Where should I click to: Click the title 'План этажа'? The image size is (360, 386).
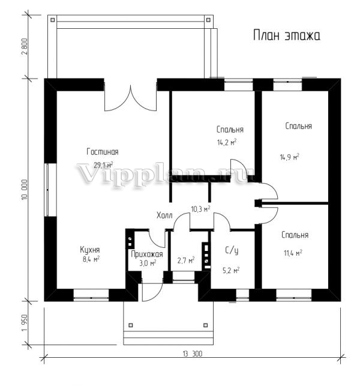(287, 35)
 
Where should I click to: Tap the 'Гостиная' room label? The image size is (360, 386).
(103, 152)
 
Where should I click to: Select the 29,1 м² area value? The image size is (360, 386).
(103, 164)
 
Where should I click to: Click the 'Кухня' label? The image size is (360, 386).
(90, 250)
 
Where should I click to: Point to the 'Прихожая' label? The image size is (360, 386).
(147, 254)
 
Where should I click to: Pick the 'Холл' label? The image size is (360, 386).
(164, 216)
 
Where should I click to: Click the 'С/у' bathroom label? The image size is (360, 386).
(232, 250)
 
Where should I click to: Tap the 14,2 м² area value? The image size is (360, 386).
(227, 142)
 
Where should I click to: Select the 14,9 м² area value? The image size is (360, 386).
(290, 157)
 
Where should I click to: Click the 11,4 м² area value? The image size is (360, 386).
(293, 253)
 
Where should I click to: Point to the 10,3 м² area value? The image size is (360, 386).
(201, 209)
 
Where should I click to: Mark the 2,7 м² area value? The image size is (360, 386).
(186, 260)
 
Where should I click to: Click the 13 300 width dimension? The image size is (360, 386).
(193, 354)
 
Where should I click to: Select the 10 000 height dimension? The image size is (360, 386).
(25, 190)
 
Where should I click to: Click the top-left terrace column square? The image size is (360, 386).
(52, 20)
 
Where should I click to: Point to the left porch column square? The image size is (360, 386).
(131, 325)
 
